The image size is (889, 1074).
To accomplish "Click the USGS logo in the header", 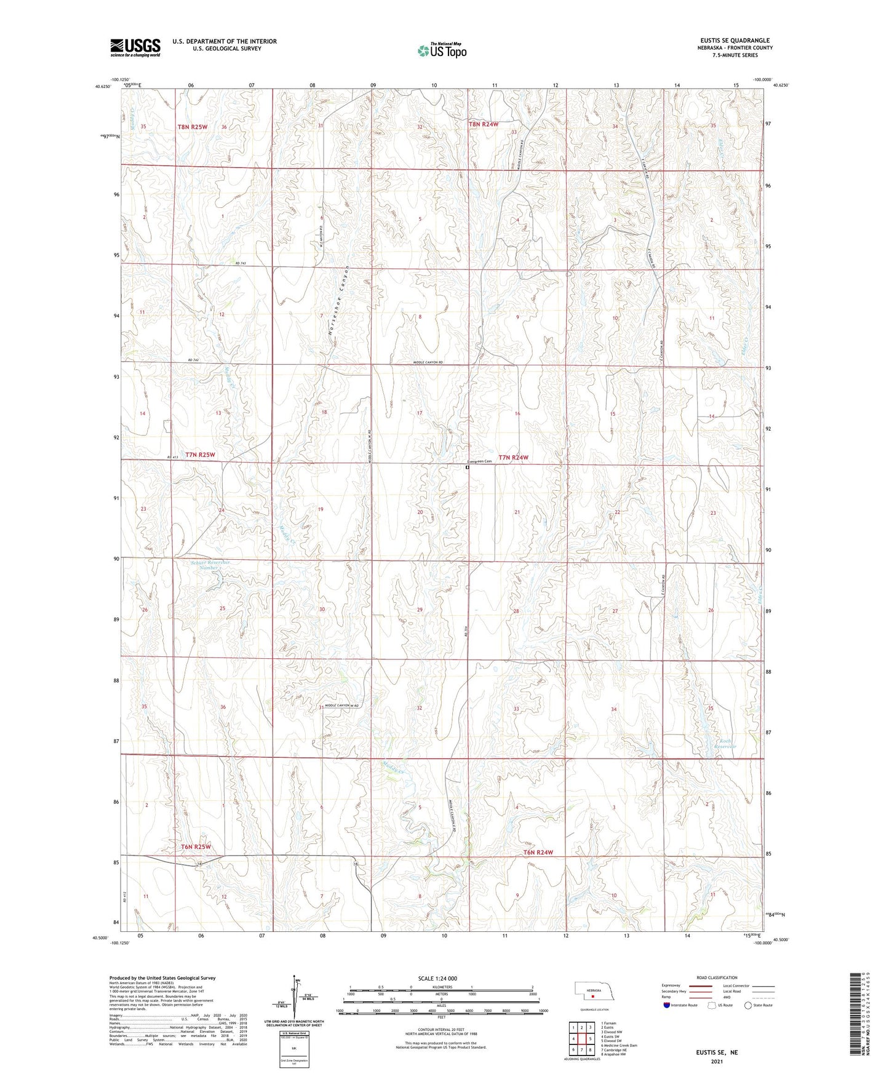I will coord(135,47).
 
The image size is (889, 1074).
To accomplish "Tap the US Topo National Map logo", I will coord(442,50).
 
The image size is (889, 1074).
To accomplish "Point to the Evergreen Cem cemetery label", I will coord(480,461).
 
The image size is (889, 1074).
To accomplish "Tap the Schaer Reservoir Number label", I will coord(210,565).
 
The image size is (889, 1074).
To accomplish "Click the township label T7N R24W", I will coord(513,458).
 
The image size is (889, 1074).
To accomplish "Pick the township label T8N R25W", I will coord(193,127).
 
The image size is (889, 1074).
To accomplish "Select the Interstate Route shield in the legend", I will coord(668,1005).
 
